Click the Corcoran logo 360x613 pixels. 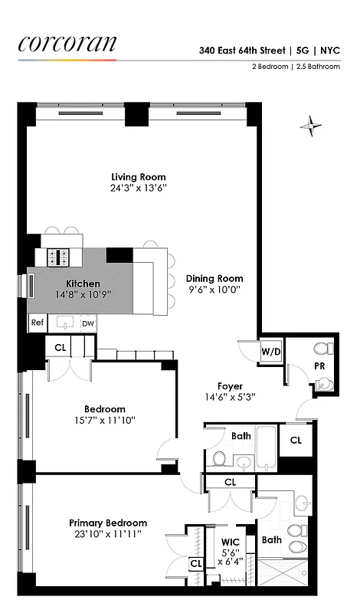click(67, 44)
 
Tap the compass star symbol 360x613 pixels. click(311, 125)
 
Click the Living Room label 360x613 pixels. click(138, 177)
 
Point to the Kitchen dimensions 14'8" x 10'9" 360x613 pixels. click(83, 294)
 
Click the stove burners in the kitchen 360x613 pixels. click(59, 257)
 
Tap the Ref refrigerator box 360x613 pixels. click(37, 323)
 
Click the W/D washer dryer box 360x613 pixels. click(270, 352)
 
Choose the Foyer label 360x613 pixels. click(230, 386)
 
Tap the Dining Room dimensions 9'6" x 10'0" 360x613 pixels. click(214, 290)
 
